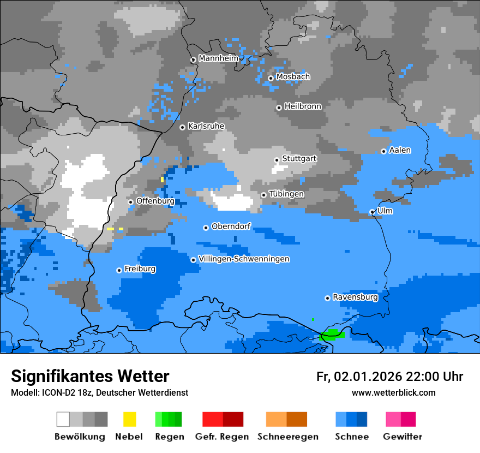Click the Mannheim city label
[x=219, y=58]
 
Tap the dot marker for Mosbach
[x=271, y=78]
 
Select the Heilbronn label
[x=303, y=106]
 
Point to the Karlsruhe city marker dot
[x=183, y=127]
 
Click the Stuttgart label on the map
[x=299, y=159]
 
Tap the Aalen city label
[x=400, y=150]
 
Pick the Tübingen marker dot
[x=264, y=195]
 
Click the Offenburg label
[x=155, y=201]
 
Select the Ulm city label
[x=385, y=211]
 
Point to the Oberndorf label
[x=231, y=226]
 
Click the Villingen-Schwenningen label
[x=244, y=259]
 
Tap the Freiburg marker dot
[x=119, y=270]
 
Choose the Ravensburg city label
[x=355, y=297]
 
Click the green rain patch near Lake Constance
[x=332, y=334]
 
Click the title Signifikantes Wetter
[x=90, y=376]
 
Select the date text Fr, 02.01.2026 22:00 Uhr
[x=389, y=377]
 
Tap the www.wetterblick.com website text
[x=393, y=392]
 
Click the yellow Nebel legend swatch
[x=129, y=419]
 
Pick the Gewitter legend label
[x=403, y=437]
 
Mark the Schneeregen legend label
[x=287, y=437]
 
